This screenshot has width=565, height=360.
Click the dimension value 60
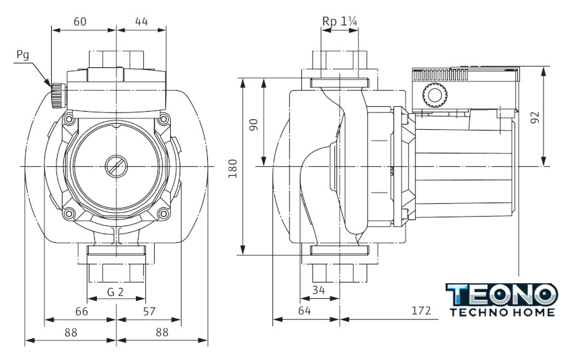pos(80,22)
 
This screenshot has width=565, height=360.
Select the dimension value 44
pos(141,22)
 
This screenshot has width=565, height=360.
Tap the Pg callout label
pos(23,54)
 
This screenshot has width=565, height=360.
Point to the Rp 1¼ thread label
pos(340,22)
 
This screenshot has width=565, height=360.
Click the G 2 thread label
pos(116,292)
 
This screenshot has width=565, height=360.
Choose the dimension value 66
pos(81,312)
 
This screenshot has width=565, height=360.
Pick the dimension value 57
pos(149,312)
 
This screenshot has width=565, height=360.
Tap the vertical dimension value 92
pos(535,117)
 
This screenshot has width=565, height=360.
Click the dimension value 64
pos(305,312)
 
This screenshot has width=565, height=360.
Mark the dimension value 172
pos(420,312)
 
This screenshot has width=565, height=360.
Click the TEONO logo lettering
pos(502,294)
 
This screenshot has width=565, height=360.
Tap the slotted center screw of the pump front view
pos(116,165)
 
